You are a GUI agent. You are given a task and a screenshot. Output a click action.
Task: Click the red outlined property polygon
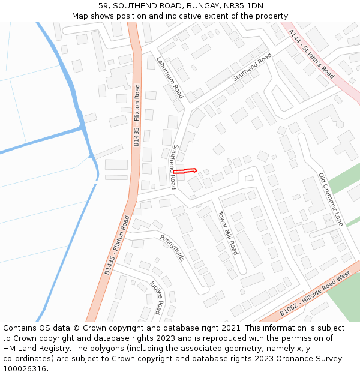tap(185, 171)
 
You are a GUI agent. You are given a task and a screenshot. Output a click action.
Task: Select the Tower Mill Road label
tap(228, 233)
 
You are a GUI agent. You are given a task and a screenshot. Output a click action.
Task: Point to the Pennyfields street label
tap(173, 247)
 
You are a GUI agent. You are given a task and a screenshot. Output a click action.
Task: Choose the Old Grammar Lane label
tap(331, 199)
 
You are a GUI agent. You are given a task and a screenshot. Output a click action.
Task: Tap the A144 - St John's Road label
tap(311, 55)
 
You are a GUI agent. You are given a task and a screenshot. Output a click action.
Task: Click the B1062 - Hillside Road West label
tap(315, 295)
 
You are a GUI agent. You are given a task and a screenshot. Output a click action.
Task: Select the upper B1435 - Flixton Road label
tap(137, 115)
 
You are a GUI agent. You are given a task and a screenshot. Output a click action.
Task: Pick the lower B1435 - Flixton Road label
tap(117, 245)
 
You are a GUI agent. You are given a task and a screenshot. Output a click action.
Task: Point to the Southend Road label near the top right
tap(252, 67)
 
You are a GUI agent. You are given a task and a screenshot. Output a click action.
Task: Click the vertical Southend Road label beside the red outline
tap(174, 167)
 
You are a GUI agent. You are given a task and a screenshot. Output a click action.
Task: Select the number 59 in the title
tap(104, 6)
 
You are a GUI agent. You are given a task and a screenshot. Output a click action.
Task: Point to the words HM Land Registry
tap(31, 349)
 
